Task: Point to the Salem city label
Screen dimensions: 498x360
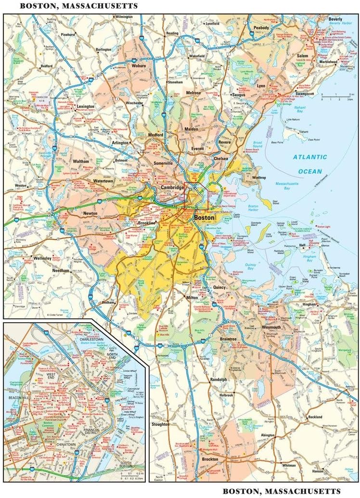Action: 302,56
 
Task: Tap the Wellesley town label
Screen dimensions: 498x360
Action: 42,258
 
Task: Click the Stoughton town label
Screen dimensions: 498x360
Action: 160,424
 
